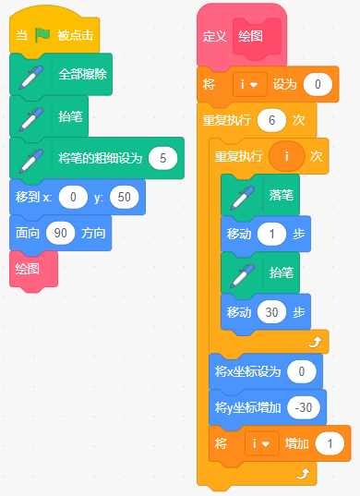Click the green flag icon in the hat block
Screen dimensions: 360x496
42,35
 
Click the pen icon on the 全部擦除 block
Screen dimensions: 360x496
31,77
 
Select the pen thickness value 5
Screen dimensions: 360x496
163,158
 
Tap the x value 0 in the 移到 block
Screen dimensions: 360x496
73,197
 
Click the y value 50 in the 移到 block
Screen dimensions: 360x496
125,197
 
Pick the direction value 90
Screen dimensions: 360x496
60,233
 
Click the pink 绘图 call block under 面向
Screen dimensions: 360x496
33,269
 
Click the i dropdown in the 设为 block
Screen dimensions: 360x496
250,84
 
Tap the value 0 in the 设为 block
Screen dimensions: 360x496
318,84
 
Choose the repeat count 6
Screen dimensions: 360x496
271,120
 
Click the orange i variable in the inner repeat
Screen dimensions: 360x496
287,156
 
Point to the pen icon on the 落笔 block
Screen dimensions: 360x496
243,198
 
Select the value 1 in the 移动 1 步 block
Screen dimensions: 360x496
271,234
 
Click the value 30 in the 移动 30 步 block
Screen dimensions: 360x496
271,312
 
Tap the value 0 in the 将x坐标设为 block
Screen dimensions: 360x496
302,371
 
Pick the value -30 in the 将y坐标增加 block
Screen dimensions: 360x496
304,407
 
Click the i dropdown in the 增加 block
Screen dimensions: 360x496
262,443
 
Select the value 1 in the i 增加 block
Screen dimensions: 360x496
330,443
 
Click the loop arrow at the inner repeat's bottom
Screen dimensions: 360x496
315,342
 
